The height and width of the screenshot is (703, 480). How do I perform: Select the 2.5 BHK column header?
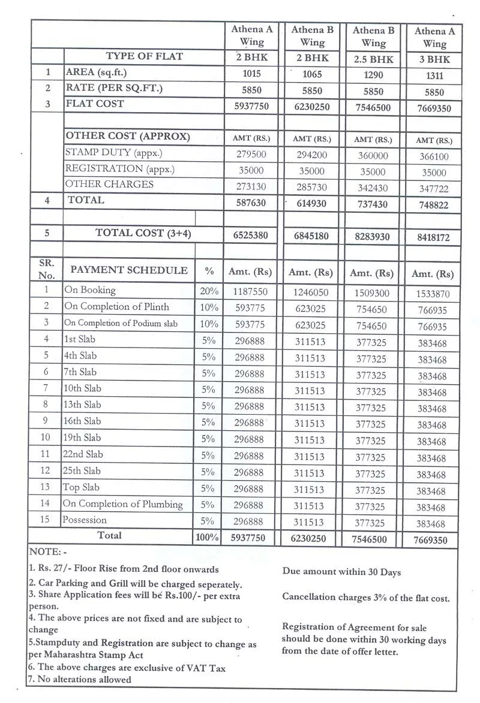tap(373, 60)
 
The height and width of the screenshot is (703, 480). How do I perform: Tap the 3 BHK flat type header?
tap(434, 61)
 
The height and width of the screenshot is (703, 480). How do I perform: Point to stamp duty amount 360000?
tap(373, 155)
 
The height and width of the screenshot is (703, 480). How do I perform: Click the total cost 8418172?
tap(434, 238)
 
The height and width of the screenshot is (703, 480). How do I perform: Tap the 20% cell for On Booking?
tap(208, 292)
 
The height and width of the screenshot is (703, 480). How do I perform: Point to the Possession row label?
tap(85, 520)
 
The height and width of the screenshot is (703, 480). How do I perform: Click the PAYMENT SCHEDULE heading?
tap(129, 270)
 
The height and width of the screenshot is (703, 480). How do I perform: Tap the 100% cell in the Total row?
tap(207, 538)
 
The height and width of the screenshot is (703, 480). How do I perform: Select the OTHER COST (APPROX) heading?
tap(127, 136)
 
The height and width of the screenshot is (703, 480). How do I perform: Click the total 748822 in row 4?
tap(434, 205)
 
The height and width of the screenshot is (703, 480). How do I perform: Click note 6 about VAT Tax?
tap(127, 667)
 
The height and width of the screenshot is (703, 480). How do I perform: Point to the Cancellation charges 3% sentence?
tap(365, 598)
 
